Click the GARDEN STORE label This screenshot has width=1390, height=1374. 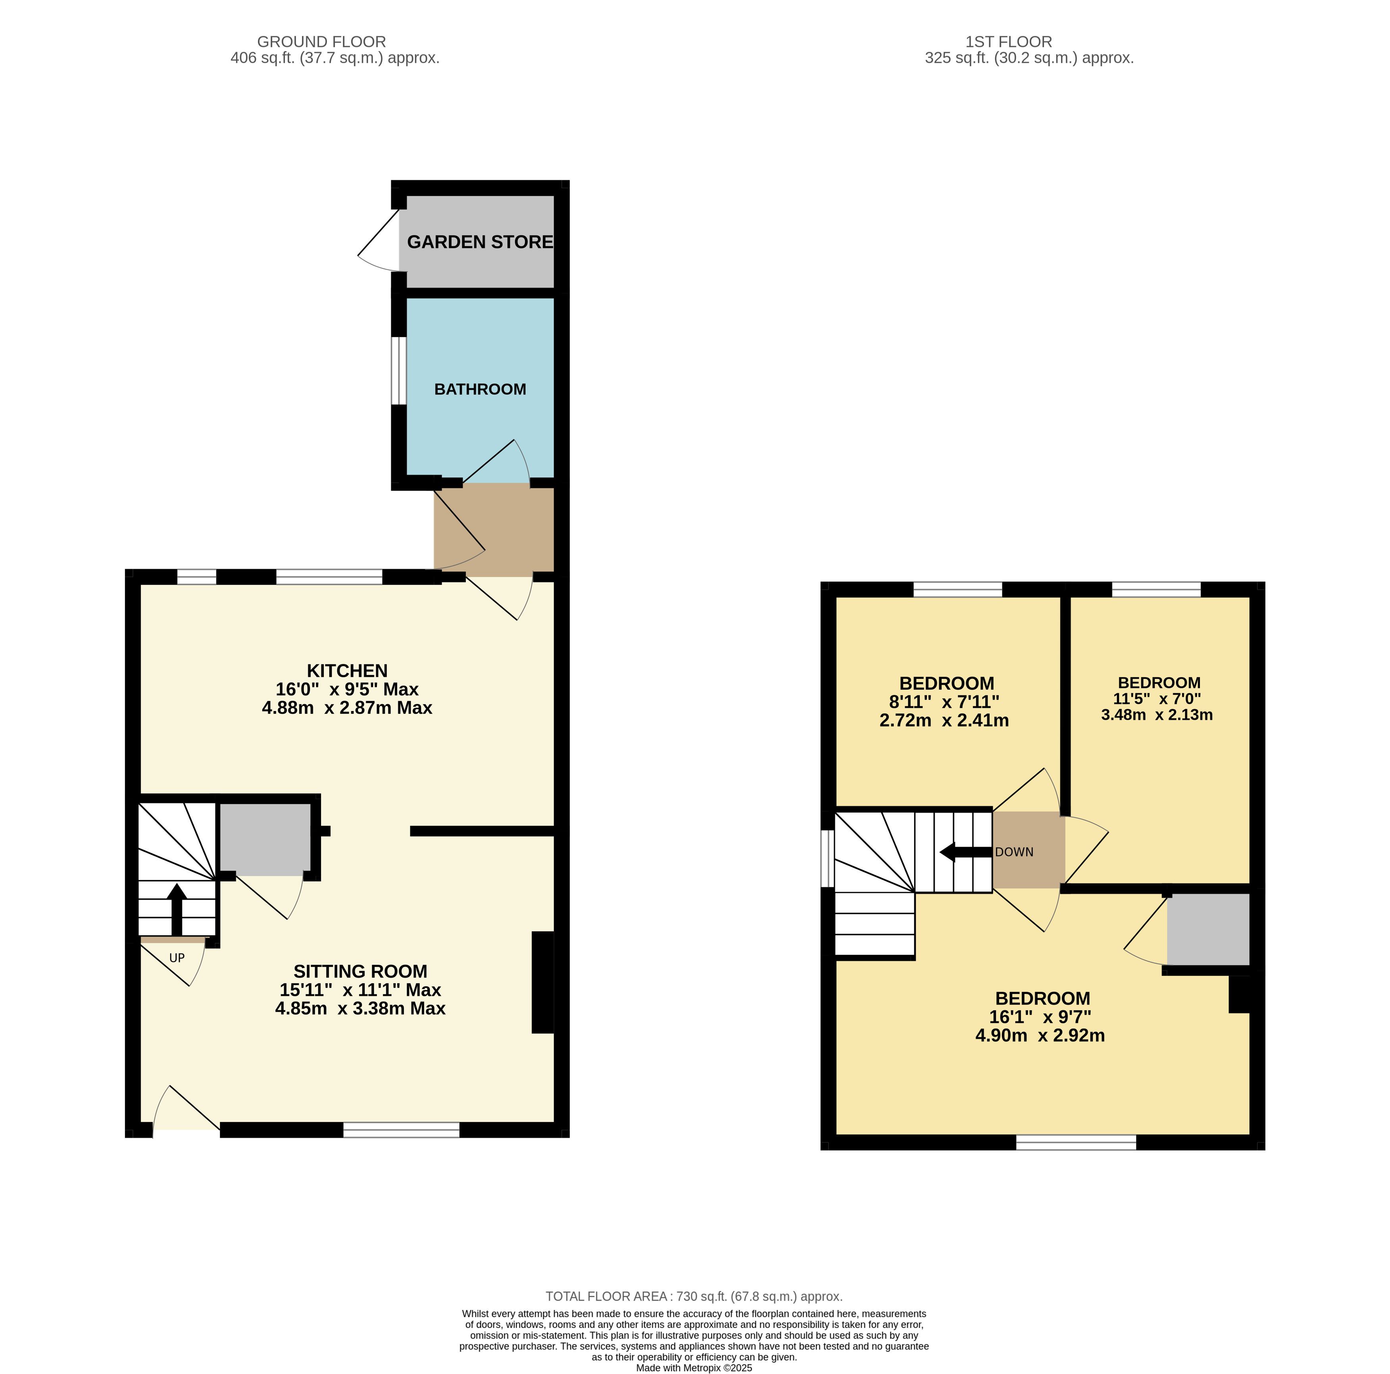coord(480,242)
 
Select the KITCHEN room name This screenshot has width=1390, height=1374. coord(348,670)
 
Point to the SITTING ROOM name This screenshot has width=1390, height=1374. coord(360,971)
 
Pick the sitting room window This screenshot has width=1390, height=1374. coord(402,1129)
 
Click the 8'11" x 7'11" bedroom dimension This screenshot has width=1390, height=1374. coord(944,701)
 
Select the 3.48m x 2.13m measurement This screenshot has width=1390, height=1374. coord(1157,715)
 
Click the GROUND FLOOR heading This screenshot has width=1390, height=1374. coord(321,42)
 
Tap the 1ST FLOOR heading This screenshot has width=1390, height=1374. coord(1009,42)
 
